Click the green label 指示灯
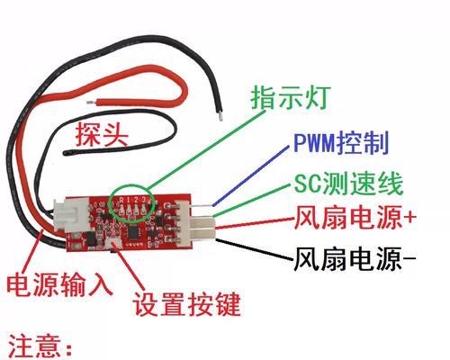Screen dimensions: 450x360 tap(291, 97)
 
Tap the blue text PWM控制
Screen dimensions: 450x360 tap(341, 142)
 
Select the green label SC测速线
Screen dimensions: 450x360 tap(347, 184)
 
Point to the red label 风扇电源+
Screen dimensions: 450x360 tap(355, 217)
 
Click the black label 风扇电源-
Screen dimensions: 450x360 tap(355, 258)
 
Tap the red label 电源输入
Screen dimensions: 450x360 tap(59, 284)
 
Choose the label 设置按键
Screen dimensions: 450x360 tap(186, 303)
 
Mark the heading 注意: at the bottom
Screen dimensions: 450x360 tap(40, 347)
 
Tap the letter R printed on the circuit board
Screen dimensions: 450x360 tap(121, 200)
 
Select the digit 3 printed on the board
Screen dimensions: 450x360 tap(144, 199)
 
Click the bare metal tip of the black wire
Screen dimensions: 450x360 tap(220, 115)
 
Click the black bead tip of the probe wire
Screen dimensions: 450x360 tap(67, 153)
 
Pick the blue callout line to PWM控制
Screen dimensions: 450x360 tap(251, 175)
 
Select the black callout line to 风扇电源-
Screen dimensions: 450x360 tap(255, 248)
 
